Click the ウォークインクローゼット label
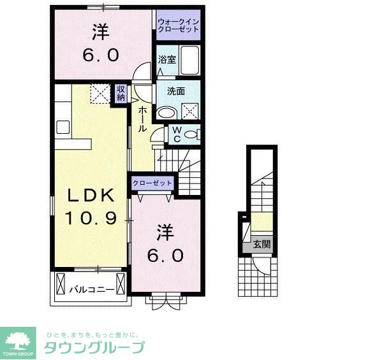179,26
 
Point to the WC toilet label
177,134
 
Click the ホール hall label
142,118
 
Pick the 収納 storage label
121,93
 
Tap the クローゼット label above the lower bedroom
152,184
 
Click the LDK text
91,194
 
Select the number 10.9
91,219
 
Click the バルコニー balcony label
92,289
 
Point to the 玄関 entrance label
262,244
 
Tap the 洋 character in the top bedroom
100,30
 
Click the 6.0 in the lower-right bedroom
168,256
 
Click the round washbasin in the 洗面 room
166,113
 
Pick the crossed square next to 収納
100,94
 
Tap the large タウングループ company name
93,347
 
